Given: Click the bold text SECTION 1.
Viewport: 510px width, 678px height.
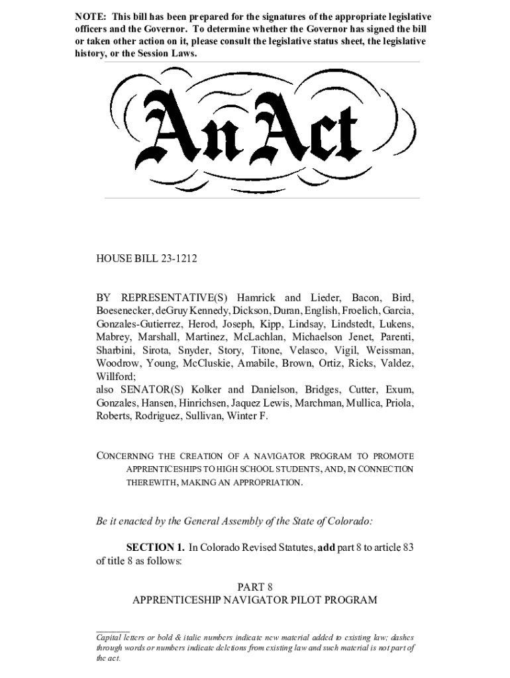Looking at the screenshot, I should (x=156, y=548).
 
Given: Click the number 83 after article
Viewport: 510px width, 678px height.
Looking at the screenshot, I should (x=408, y=548).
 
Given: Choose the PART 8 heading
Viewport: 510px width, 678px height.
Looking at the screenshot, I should (x=254, y=587).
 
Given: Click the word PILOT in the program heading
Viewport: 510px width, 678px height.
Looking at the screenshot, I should (x=313, y=600).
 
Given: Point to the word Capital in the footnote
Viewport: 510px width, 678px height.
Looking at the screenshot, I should (x=110, y=637).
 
